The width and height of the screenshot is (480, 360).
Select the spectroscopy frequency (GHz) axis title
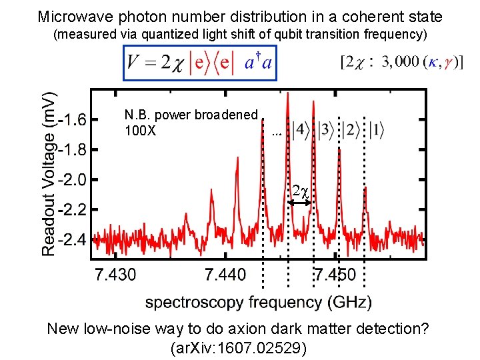(x=259, y=302)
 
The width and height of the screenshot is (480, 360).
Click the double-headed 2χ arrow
(x=300, y=201)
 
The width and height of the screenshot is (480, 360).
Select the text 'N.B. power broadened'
(x=191, y=115)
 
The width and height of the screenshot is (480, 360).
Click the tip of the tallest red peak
(x=287, y=93)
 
